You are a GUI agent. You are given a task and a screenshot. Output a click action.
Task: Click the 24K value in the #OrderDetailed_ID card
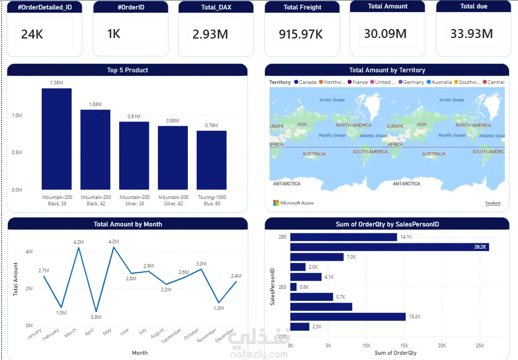click(32, 35)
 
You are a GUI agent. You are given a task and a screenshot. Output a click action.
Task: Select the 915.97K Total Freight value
click(301, 34)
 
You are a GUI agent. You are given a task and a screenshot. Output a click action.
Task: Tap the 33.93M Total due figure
click(472, 34)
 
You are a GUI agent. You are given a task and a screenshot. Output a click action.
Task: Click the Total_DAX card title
click(212, 7)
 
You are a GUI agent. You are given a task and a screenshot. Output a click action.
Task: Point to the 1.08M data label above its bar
click(95, 105)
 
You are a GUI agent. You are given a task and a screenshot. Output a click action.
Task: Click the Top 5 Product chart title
click(127, 70)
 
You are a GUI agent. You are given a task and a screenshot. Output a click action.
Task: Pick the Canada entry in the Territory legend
click(305, 82)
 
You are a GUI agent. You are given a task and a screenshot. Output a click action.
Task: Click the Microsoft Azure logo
click(293, 203)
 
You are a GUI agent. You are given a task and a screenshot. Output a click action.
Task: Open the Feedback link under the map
click(493, 203)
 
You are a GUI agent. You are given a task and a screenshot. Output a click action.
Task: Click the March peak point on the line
click(79, 248)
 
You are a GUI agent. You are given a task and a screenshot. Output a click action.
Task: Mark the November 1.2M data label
click(219, 308)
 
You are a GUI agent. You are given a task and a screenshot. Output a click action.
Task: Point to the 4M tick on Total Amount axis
click(29, 252)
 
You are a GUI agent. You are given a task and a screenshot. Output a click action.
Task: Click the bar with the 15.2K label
click(348, 317)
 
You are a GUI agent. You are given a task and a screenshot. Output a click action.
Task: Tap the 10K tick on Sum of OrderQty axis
click(366, 346)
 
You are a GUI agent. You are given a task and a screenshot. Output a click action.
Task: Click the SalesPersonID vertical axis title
click(273, 286)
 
